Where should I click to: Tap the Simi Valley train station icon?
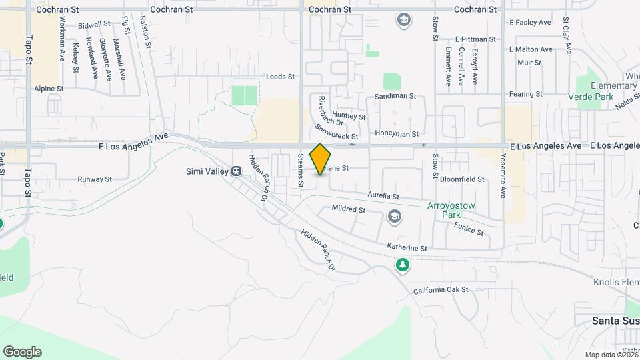(x=236, y=171)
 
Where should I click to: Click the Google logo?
(x=22, y=352)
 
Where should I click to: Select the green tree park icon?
(x=403, y=265)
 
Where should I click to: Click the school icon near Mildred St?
(x=395, y=216)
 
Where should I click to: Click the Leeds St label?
(x=280, y=77)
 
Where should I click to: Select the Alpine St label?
(x=49, y=88)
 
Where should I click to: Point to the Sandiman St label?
(x=395, y=96)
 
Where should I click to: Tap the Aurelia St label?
(x=383, y=196)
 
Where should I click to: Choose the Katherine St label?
(x=407, y=247)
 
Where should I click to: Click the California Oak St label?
(x=441, y=291)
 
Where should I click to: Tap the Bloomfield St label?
(x=462, y=179)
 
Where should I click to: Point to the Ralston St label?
(x=150, y=29)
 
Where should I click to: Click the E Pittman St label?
(x=477, y=40)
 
